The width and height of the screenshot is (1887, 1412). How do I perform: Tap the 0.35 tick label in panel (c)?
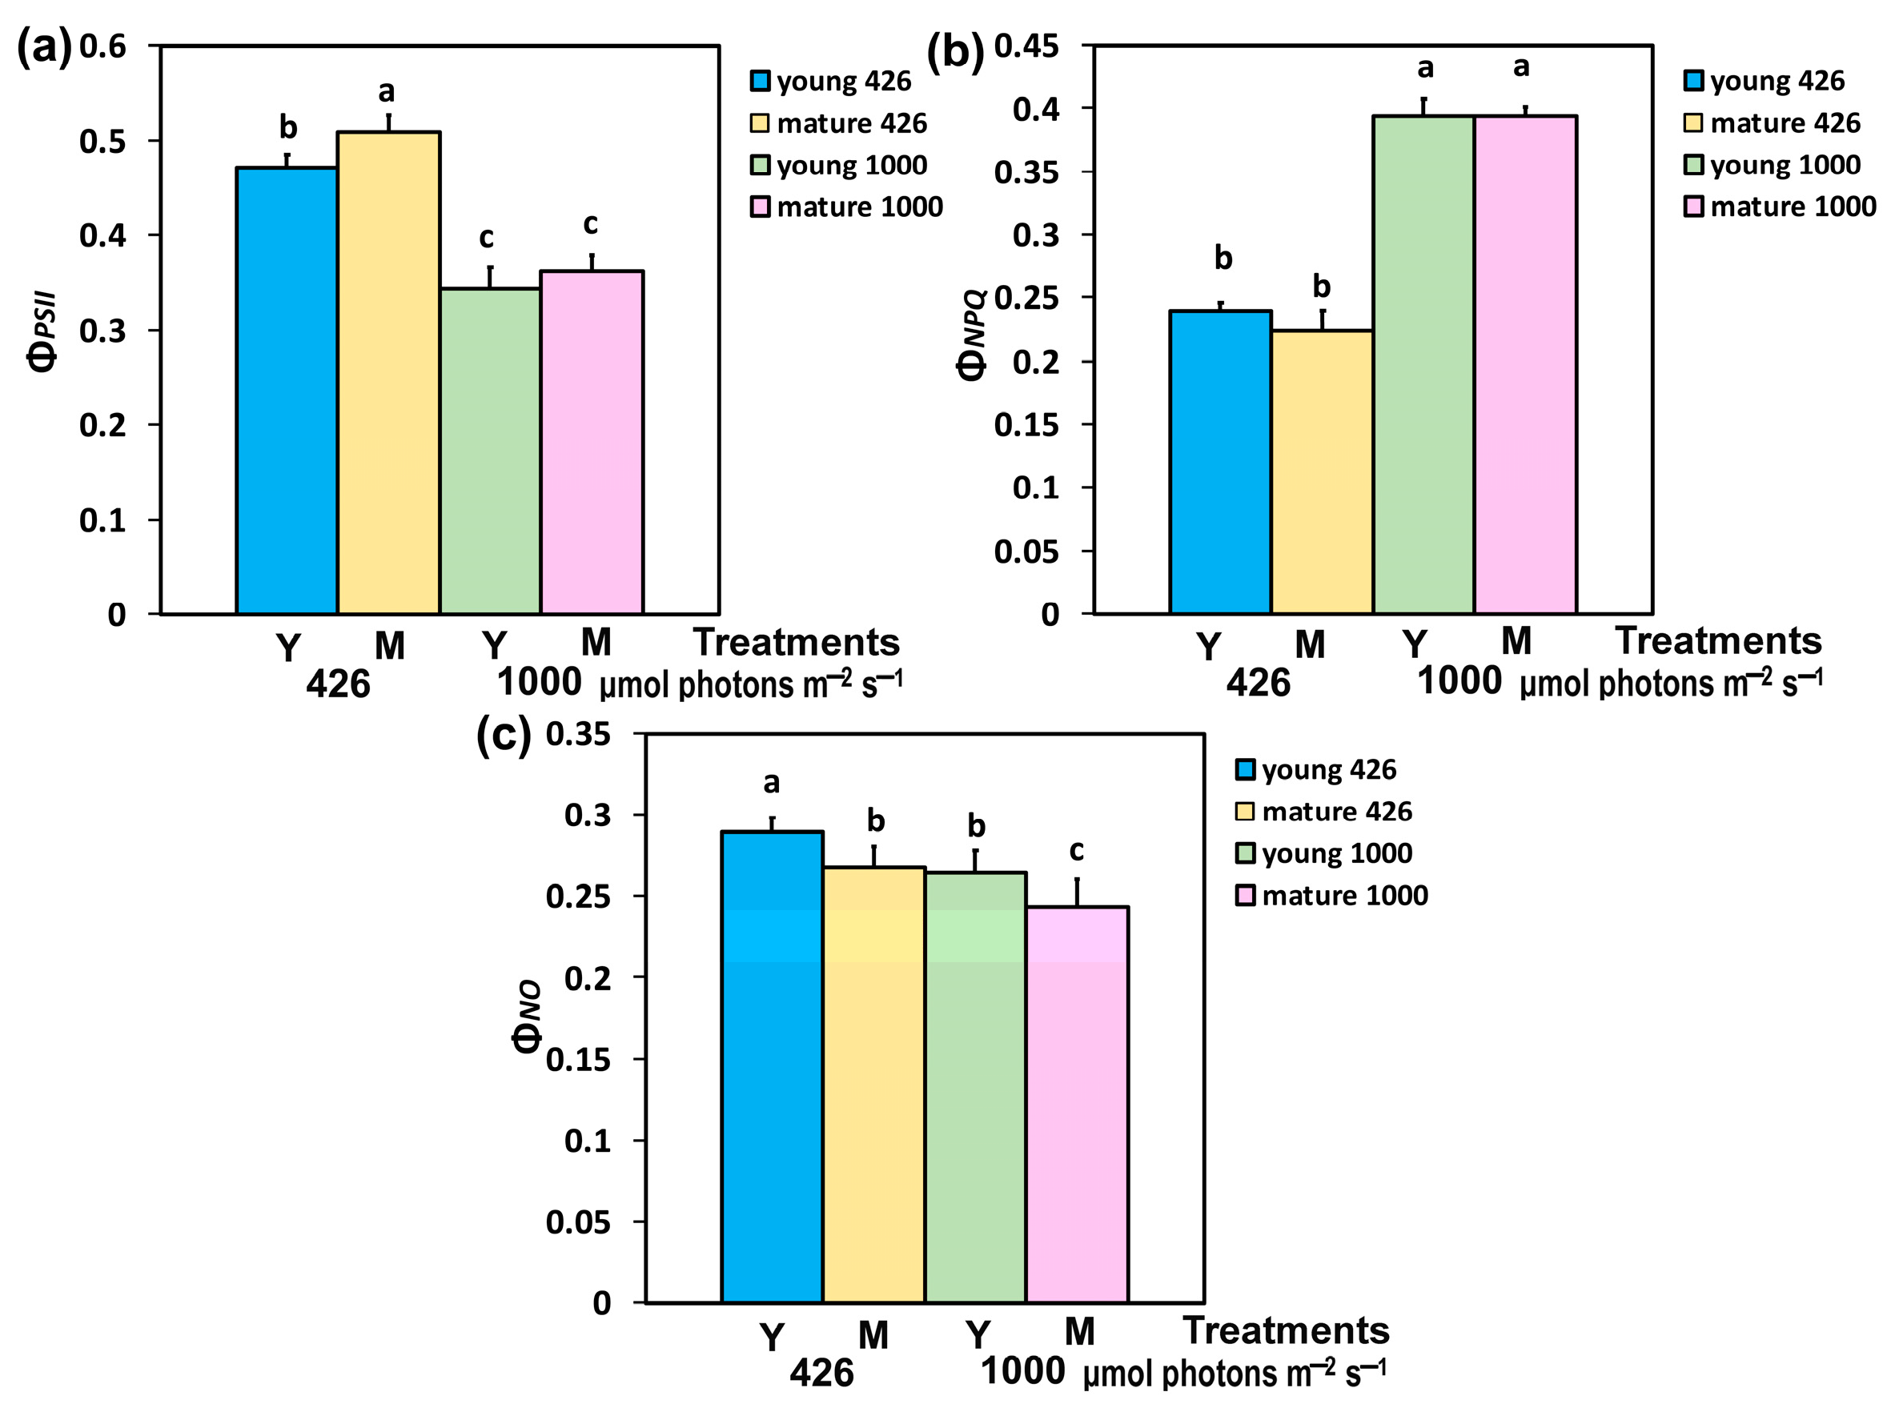pos(578,734)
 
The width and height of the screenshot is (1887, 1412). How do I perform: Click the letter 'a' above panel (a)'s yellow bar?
pos(387,90)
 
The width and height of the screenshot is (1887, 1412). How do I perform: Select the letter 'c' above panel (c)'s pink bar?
pos(1077,850)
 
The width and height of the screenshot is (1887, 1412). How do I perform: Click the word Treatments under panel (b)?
pos(1718,640)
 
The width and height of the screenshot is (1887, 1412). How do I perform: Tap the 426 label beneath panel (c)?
pos(821,1373)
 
